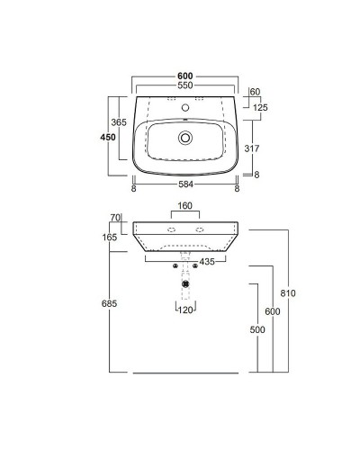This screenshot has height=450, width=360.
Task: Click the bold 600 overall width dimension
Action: [x=184, y=76]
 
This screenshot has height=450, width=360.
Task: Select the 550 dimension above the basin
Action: [x=184, y=85]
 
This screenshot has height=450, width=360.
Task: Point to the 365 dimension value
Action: [x=119, y=122]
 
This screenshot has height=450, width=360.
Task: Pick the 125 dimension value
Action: [x=261, y=107]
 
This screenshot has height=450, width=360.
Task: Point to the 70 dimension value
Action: [x=115, y=217]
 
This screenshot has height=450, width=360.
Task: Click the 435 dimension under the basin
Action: [x=206, y=261]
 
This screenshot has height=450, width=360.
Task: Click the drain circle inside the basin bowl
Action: [x=185, y=139]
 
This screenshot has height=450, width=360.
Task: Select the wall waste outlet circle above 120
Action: [x=184, y=285]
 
